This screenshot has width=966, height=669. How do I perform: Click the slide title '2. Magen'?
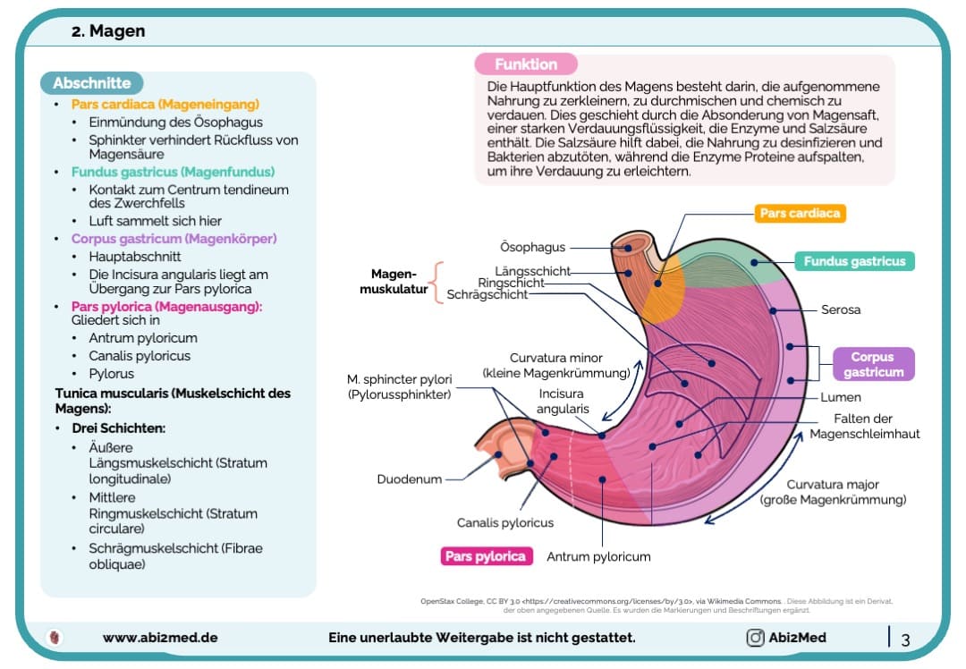(x=108, y=31)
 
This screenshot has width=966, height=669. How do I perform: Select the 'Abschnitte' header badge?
(x=91, y=83)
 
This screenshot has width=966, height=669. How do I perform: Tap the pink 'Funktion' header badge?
(x=526, y=64)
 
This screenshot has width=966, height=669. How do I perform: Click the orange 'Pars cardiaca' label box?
(x=801, y=214)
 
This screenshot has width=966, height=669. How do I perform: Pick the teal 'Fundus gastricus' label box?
(x=854, y=261)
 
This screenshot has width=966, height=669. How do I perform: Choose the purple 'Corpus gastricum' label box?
(x=873, y=364)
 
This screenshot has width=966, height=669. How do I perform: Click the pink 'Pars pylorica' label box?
(x=487, y=556)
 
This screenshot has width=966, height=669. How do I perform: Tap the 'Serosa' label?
(x=841, y=309)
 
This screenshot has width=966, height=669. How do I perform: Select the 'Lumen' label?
(x=841, y=397)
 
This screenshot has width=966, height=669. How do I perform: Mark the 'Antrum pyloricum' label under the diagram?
(x=598, y=556)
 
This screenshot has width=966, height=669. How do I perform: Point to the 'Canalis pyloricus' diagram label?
(x=505, y=522)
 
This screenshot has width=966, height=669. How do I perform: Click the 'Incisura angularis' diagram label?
(x=563, y=401)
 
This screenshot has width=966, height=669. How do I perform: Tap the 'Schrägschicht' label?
(x=487, y=294)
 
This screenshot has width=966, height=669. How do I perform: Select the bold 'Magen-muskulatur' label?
(x=394, y=282)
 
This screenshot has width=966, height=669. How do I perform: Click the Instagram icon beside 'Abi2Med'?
(x=755, y=638)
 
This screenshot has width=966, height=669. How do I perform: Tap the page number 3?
(x=905, y=639)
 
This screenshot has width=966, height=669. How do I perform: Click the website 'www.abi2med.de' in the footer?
(x=160, y=638)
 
